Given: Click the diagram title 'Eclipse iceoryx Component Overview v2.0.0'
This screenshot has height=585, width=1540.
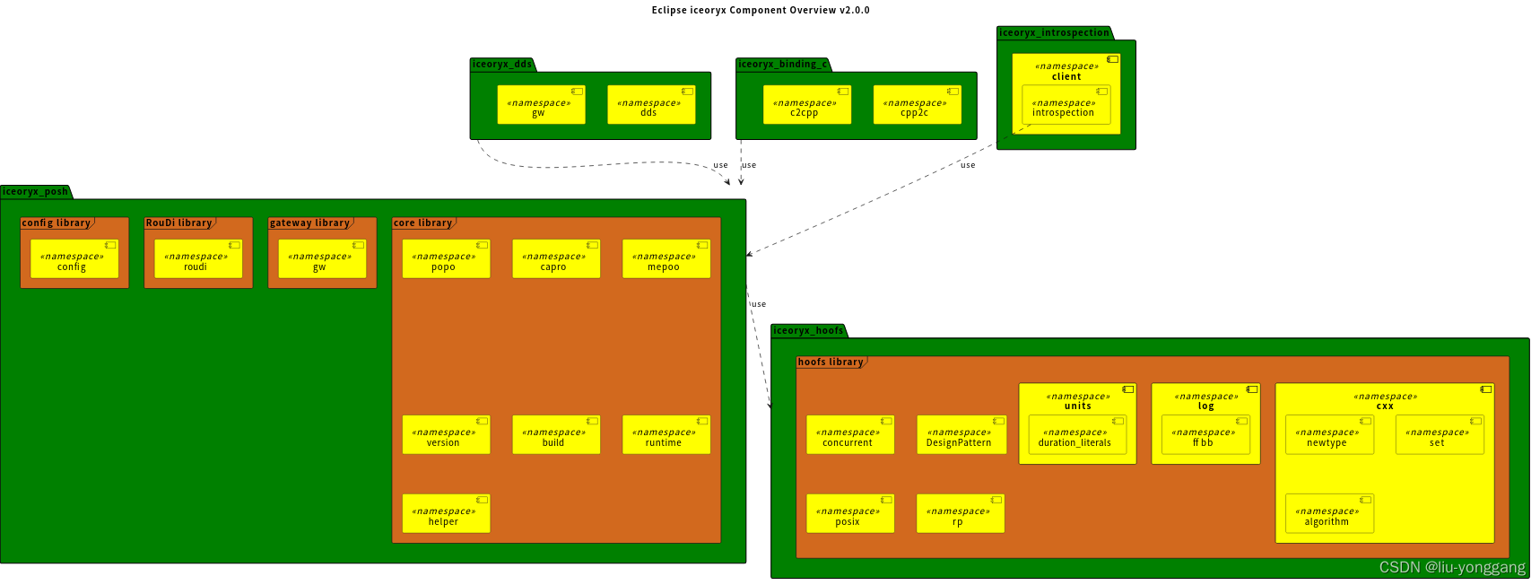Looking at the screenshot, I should [761, 11].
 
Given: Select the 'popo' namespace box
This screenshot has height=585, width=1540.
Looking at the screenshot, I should [446, 259].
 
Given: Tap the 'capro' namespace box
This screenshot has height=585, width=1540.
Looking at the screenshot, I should [556, 259].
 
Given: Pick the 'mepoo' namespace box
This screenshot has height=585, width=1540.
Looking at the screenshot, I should [666, 259].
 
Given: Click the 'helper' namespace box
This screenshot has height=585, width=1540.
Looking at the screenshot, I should [446, 514].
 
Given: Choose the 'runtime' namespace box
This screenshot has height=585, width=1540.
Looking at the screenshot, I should [666, 435].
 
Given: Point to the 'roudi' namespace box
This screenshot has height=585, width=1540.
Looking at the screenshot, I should [198, 259].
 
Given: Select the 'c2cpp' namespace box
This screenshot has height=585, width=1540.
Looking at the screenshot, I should [807, 105].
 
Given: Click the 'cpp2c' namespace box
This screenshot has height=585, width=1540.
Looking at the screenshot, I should [918, 105].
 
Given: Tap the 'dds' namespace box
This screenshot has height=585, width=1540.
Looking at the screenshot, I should [651, 105].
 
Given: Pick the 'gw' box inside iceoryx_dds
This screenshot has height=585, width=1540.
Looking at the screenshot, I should [541, 105].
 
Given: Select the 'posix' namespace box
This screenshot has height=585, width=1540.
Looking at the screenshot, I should [850, 514].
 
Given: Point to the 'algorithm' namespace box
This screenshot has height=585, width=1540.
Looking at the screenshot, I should [1329, 514].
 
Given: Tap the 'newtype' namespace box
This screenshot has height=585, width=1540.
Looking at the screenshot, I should [1329, 435].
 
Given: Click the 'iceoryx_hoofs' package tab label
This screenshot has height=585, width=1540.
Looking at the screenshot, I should [808, 331].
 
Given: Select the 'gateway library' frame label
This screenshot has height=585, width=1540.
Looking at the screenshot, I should [310, 223].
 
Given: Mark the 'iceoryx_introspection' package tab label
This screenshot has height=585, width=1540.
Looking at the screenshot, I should [1054, 33].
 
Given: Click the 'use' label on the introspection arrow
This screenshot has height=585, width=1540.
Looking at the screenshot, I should [968, 165].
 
